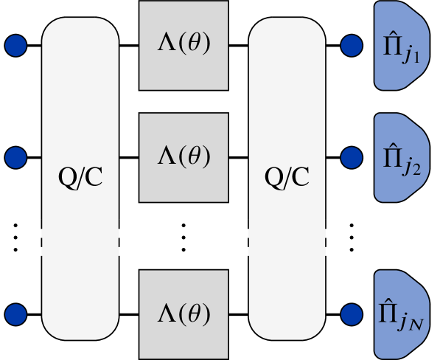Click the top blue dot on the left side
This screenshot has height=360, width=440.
click(15, 46)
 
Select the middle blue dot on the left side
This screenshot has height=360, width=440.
click(15, 157)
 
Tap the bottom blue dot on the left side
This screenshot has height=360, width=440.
click(15, 315)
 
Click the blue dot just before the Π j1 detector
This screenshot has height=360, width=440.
click(352, 46)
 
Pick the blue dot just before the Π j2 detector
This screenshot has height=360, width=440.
click(352, 157)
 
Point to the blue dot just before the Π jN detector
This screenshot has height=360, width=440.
click(352, 315)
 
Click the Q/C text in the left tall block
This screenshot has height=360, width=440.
click(80, 177)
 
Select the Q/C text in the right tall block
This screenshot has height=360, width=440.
click(287, 177)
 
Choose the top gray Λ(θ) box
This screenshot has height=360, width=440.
click(184, 45)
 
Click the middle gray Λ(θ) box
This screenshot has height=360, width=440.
click(184, 157)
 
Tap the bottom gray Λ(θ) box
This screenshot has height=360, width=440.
click(184, 314)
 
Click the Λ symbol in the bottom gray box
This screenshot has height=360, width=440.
click(167, 314)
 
